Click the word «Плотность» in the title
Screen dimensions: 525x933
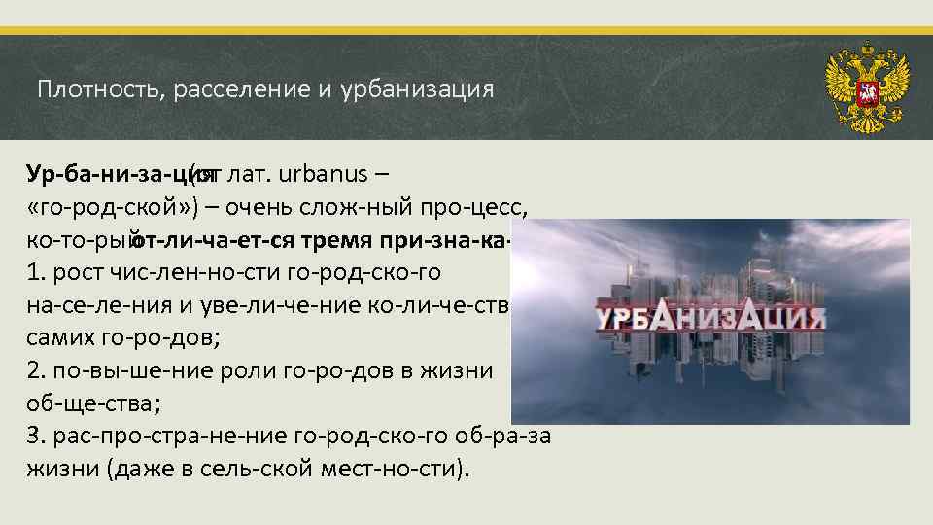pyautogui.click(x=89, y=90)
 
